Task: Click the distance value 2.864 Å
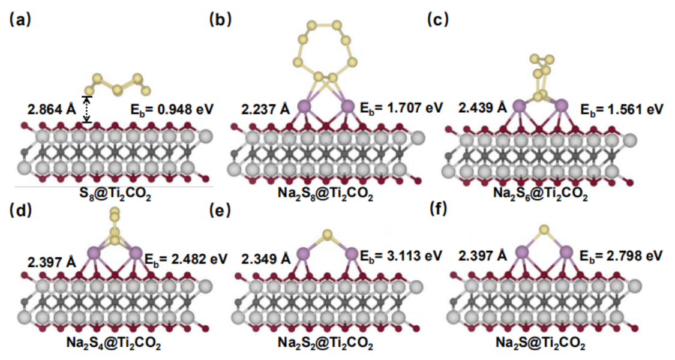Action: point(52,110)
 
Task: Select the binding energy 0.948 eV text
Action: point(172,110)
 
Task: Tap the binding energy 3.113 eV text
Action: point(401,256)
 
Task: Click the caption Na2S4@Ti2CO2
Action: point(113,344)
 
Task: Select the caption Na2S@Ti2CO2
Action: point(541,344)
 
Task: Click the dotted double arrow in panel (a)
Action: point(88,110)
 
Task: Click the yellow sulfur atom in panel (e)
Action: point(326,234)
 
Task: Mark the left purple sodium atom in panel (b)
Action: point(305,107)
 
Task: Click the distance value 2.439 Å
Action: point(482,108)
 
